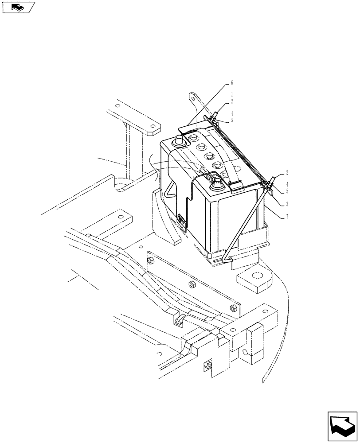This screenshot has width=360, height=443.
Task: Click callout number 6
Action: pyautogui.click(x=231, y=83)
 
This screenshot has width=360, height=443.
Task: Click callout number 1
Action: pyautogui.click(x=231, y=94)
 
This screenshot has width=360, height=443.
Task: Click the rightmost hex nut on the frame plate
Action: pyautogui.click(x=233, y=307)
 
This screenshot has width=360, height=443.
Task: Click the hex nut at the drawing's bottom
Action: pyautogui.click(x=207, y=366)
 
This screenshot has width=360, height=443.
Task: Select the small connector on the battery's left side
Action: pyautogui.click(x=181, y=218)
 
